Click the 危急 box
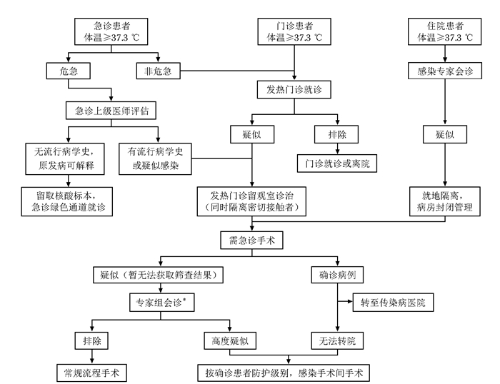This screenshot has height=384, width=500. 66,71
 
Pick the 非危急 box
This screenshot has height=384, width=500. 159,71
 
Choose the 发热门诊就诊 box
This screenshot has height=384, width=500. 295,90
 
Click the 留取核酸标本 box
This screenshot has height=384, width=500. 66,199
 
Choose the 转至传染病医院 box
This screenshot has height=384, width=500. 394,303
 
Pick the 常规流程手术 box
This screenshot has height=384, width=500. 91,372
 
